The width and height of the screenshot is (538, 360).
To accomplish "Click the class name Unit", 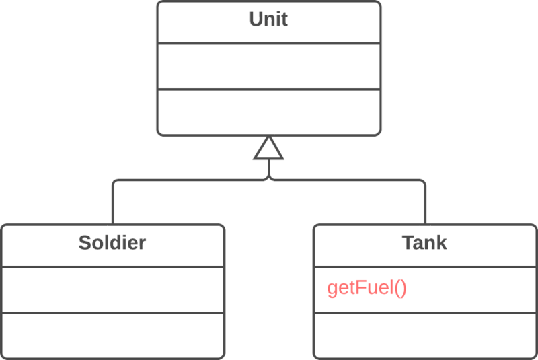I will point(268,20).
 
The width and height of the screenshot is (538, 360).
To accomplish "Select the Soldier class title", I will point(112,243).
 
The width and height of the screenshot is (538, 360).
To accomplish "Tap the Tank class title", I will point(424,243).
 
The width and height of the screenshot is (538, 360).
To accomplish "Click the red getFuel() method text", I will point(367,289).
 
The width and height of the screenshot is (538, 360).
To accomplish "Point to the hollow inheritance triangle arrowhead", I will point(269,149).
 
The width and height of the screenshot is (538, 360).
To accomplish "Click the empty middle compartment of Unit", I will point(268,66).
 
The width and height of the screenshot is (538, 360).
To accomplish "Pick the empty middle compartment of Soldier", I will point(112,289).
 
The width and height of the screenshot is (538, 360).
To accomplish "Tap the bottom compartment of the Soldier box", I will point(112,334).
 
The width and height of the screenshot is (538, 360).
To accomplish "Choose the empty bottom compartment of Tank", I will point(424,334).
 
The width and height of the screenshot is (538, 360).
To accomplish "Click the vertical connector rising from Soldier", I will point(112,205).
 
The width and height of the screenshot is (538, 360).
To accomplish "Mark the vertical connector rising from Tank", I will point(425,205).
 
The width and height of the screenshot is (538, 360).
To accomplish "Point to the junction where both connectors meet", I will point(269,180).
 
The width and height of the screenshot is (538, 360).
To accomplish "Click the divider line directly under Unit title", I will point(268,44).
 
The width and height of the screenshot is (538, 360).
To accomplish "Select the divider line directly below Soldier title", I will point(112,266).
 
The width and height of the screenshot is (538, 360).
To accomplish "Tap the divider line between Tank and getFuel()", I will point(424,266).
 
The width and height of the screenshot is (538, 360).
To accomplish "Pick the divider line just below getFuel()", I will point(424,312).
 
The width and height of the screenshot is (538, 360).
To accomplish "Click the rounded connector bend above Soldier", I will point(115,182).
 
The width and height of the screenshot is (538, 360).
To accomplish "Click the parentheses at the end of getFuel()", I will point(401,289).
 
